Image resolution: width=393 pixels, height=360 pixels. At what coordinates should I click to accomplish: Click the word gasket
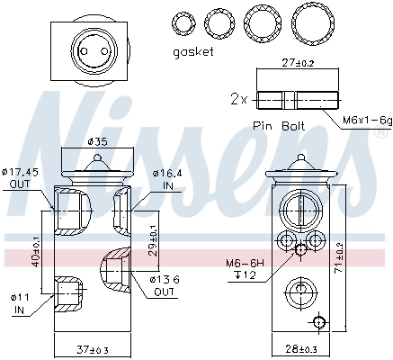(x=193, y=52)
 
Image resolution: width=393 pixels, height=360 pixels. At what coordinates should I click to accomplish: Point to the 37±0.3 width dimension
(x=94, y=348)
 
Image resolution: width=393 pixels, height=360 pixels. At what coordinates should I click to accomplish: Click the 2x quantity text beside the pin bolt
(x=237, y=97)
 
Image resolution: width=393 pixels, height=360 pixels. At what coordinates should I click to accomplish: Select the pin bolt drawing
(x=297, y=97)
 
